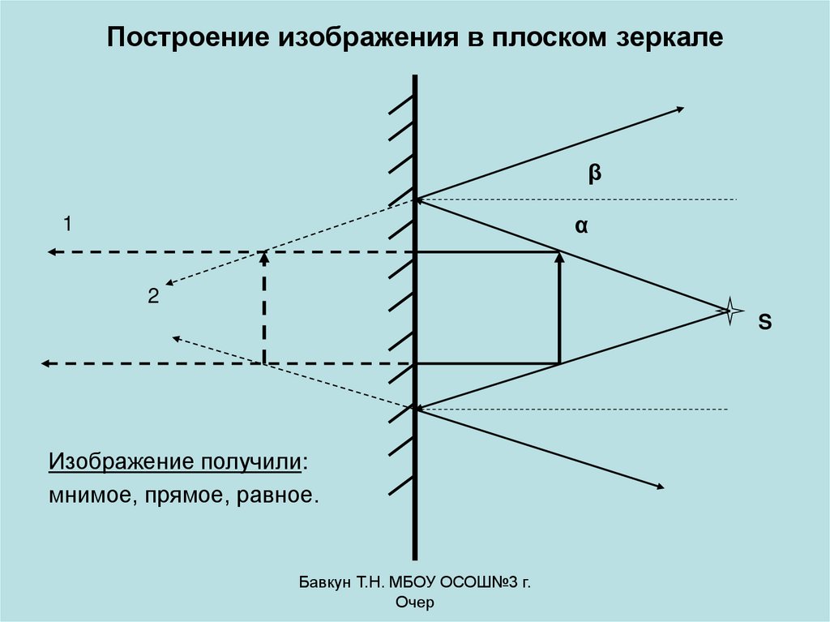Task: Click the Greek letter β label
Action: (x=594, y=173)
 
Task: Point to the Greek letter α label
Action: (x=580, y=228)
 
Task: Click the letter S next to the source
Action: (x=764, y=322)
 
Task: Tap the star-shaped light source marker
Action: (x=730, y=310)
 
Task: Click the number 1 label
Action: (x=69, y=222)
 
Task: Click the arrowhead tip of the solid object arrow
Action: (x=559, y=255)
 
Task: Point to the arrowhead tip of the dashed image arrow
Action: (x=263, y=255)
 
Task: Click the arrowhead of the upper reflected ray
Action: (x=680, y=109)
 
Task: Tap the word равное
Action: (x=276, y=494)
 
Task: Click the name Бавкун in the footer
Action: (x=323, y=582)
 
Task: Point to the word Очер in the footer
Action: (x=415, y=603)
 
